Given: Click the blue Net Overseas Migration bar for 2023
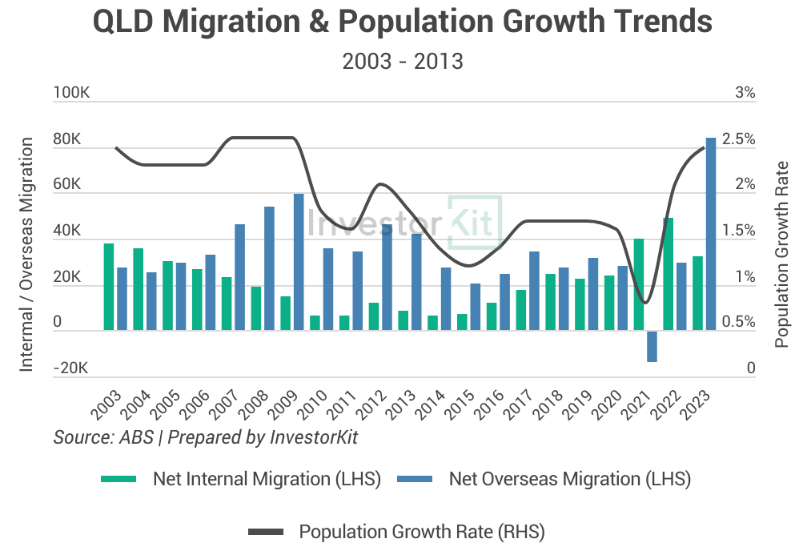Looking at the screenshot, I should pyautogui.click(x=710, y=234).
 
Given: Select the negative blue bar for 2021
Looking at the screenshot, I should pyautogui.click(x=652, y=346).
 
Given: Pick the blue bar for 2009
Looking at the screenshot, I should pyautogui.click(x=299, y=262).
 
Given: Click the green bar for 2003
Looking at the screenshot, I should pyautogui.click(x=109, y=287).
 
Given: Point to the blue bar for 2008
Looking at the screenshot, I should pyautogui.click(x=269, y=268).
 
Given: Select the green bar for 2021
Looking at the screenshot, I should pyautogui.click(x=639, y=284).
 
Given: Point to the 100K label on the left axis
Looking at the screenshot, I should pyautogui.click(x=71, y=93).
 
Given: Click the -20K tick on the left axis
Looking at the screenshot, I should pyautogui.click(x=70, y=369).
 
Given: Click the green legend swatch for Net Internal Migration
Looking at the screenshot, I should pyautogui.click(x=121, y=479).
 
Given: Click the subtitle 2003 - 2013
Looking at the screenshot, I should pyautogui.click(x=403, y=62).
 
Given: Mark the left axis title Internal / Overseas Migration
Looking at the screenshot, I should pyautogui.click(x=26, y=254).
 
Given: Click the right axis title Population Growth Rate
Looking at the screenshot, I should pyautogui.click(x=782, y=254).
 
